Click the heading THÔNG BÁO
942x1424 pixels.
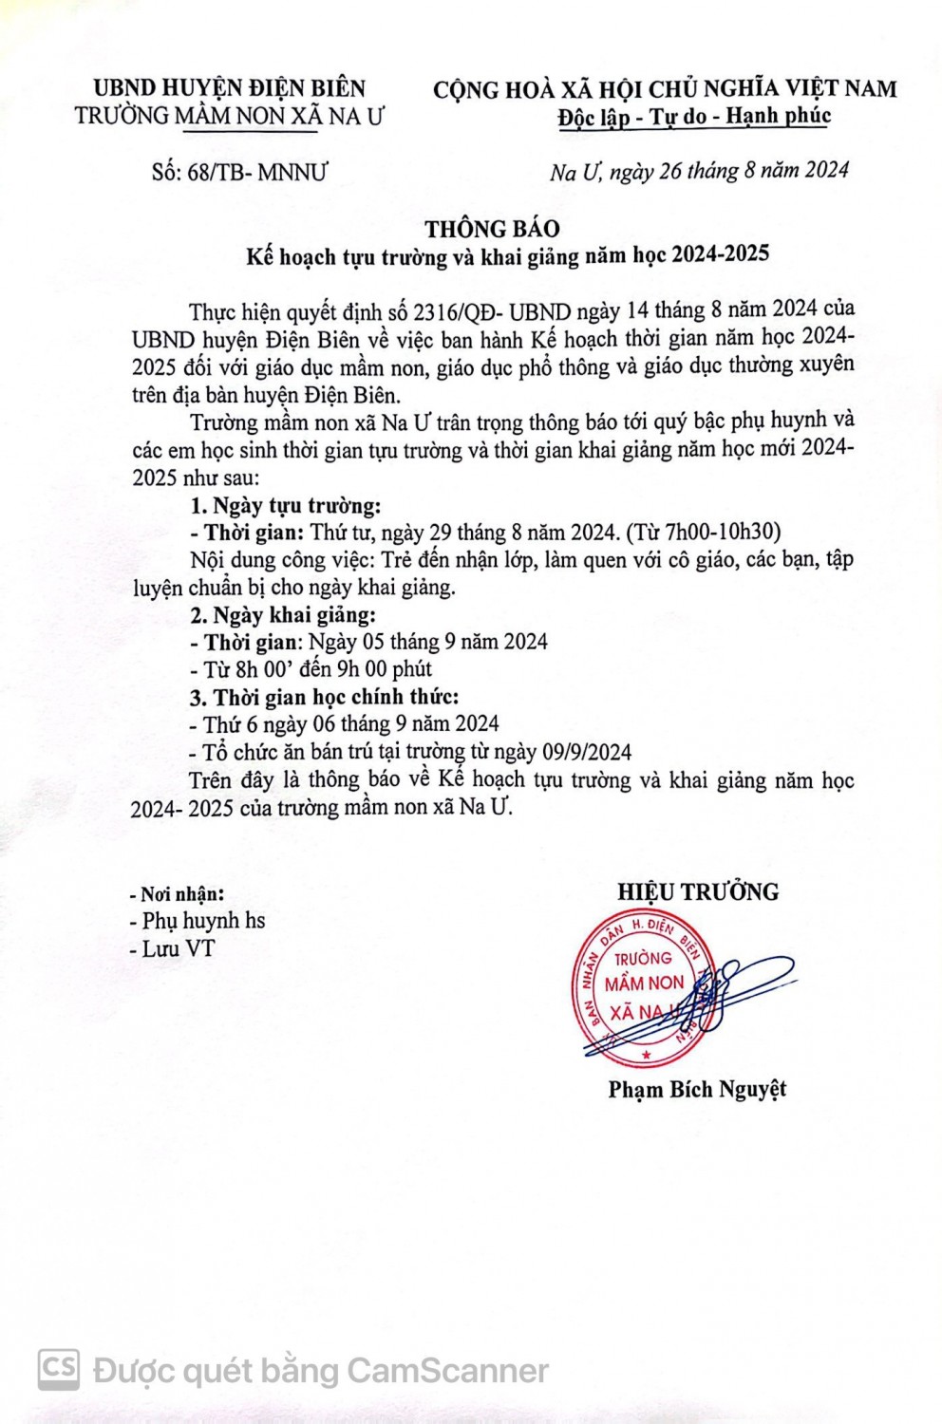(x=492, y=229)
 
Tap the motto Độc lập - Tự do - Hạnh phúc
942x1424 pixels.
(x=694, y=117)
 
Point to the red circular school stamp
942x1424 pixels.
(x=643, y=987)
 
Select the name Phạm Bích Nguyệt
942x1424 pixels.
(x=697, y=1089)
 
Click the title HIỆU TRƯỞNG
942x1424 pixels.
(x=698, y=891)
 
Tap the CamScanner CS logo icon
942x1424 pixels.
(x=59, y=1369)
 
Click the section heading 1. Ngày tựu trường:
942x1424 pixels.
(x=285, y=505)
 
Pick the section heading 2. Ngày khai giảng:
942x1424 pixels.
(x=283, y=614)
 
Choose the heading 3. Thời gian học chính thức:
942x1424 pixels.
(x=324, y=697)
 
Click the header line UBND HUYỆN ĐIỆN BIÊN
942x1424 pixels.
(x=229, y=88)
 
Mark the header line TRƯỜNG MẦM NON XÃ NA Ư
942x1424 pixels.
(x=229, y=116)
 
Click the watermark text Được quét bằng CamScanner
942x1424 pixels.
(x=321, y=1370)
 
